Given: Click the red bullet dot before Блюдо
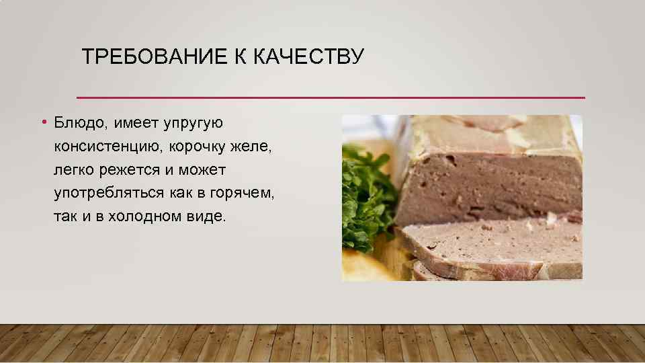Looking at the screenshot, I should [x=42, y=122].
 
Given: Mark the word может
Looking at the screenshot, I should [x=202, y=169].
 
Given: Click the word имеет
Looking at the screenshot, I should [x=137, y=123].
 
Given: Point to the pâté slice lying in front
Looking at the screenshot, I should [x=497, y=245].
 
